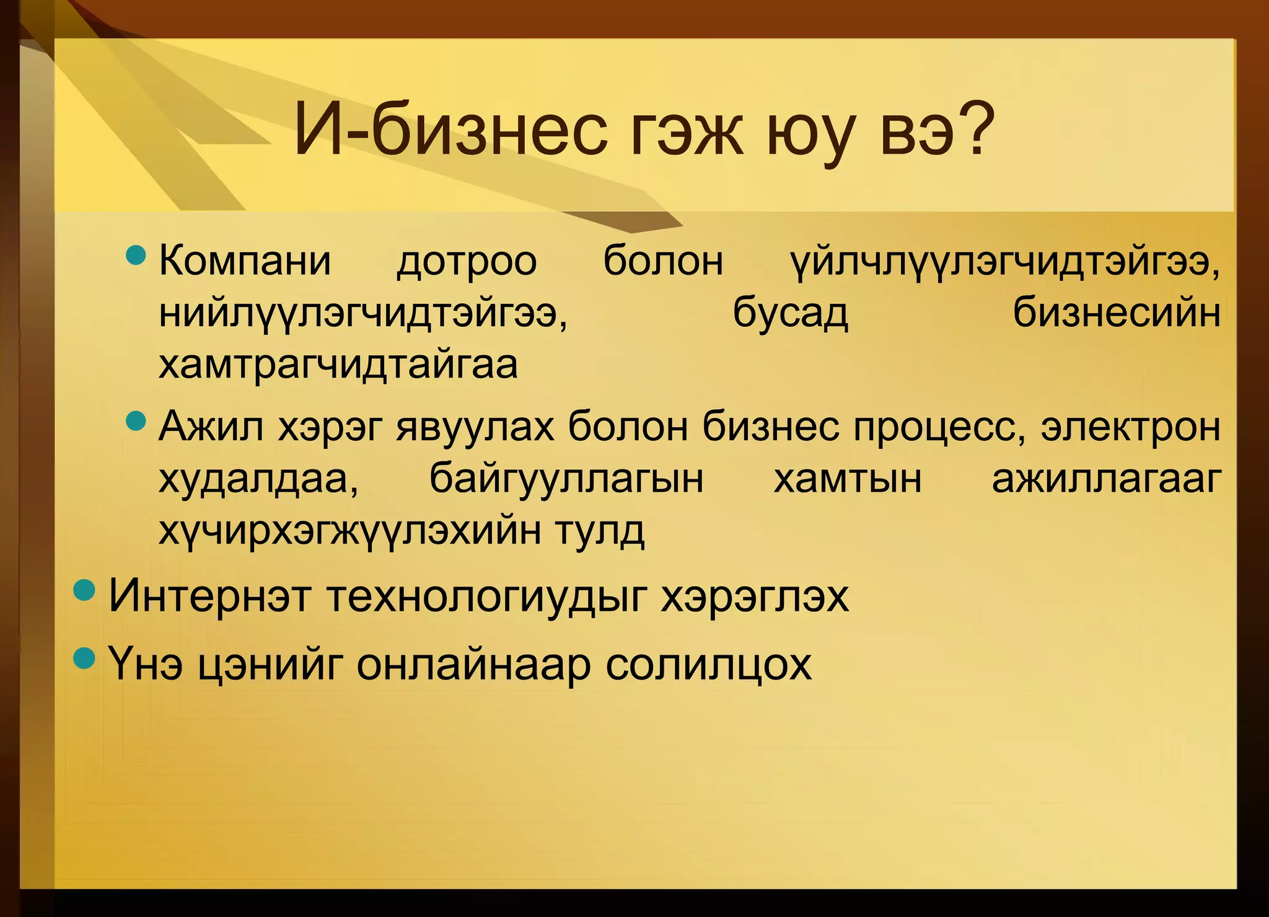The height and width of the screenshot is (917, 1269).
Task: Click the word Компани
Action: coord(245,261)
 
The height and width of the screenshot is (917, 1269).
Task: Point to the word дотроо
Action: coord(467,261)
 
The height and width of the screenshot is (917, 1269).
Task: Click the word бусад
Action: coord(790,313)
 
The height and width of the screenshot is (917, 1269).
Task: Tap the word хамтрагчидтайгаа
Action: coord(338,365)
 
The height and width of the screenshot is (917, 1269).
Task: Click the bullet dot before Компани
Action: coord(135,255)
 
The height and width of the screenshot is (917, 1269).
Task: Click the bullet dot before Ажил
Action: coord(135,422)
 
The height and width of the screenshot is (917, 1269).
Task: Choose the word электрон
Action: coord(1130,428)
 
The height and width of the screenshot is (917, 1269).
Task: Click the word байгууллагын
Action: coord(566,479)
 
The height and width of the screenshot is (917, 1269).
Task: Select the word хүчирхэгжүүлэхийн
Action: coord(349,531)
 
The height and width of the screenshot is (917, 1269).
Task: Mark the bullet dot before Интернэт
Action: coord(84,590)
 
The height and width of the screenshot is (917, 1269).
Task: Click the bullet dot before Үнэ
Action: coord(84,657)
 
